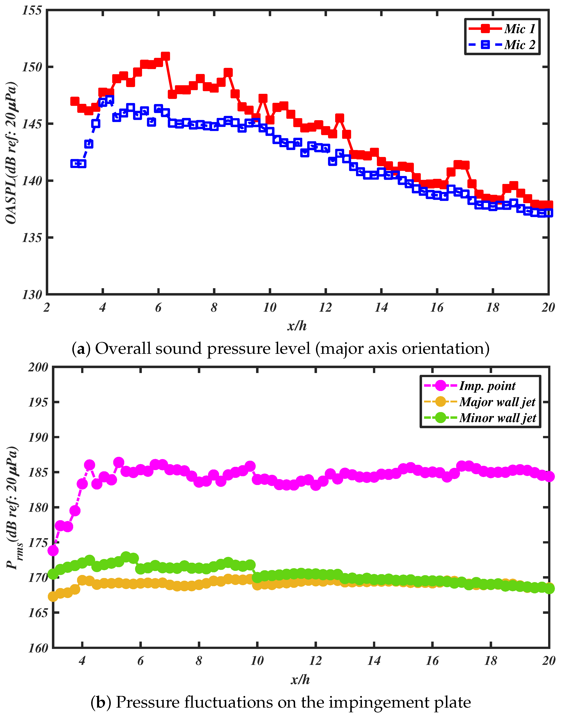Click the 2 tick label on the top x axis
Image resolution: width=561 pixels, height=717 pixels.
[x=47, y=308]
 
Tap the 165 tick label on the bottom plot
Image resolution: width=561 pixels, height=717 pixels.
[x=38, y=613]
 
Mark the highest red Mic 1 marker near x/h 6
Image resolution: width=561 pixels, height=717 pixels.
[x=166, y=56]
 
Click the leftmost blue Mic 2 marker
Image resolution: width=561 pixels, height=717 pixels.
[x=75, y=164]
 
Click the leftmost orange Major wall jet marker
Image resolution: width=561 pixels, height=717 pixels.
[x=53, y=596]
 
